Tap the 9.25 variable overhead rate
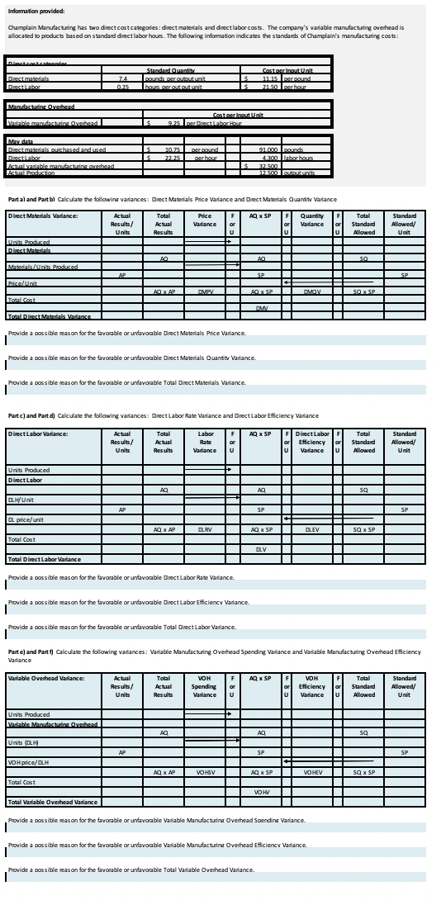[173, 123]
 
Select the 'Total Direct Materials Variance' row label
[50, 339]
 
